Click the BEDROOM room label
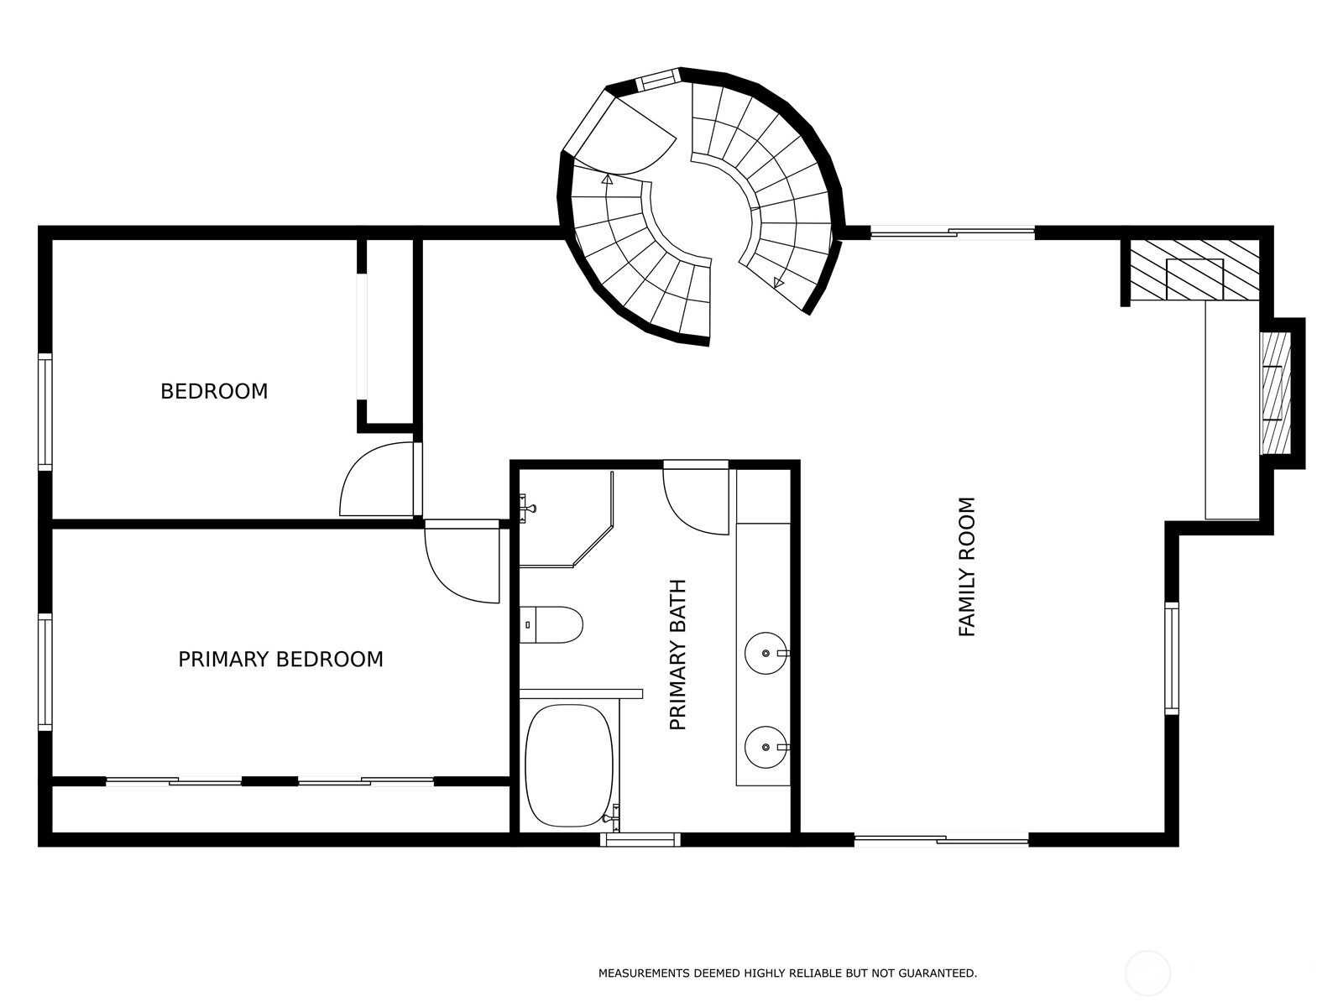point(214,391)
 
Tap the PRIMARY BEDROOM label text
point(280,660)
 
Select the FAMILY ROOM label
point(967,567)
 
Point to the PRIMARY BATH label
point(678,655)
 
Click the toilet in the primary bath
point(551,625)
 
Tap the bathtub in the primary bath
point(569,765)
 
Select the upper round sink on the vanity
point(765,652)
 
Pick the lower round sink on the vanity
point(765,746)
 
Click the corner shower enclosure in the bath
point(564,516)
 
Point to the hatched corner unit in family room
point(1193,269)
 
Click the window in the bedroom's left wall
point(45,410)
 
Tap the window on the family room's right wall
point(1171,658)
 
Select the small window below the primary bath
point(640,838)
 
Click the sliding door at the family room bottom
point(941,838)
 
